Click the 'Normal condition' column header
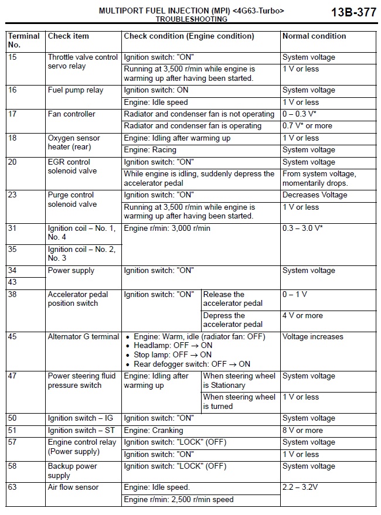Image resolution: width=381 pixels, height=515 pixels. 314,36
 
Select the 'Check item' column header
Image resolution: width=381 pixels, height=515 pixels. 69,36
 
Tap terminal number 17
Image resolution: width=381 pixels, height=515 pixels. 12,114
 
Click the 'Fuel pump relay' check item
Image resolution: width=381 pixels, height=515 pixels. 76,90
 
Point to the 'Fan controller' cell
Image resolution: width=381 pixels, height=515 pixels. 72,114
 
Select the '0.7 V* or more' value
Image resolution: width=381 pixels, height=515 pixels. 307,126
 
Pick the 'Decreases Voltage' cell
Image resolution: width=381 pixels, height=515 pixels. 315,195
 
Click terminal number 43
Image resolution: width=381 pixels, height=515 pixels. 12,282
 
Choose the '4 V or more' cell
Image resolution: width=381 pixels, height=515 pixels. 302,316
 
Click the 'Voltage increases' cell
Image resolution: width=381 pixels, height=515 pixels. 313,337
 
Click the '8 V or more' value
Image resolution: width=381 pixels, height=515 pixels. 302,431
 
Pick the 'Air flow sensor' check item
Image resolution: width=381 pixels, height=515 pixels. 73,487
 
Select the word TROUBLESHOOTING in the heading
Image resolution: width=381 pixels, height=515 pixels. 191,19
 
